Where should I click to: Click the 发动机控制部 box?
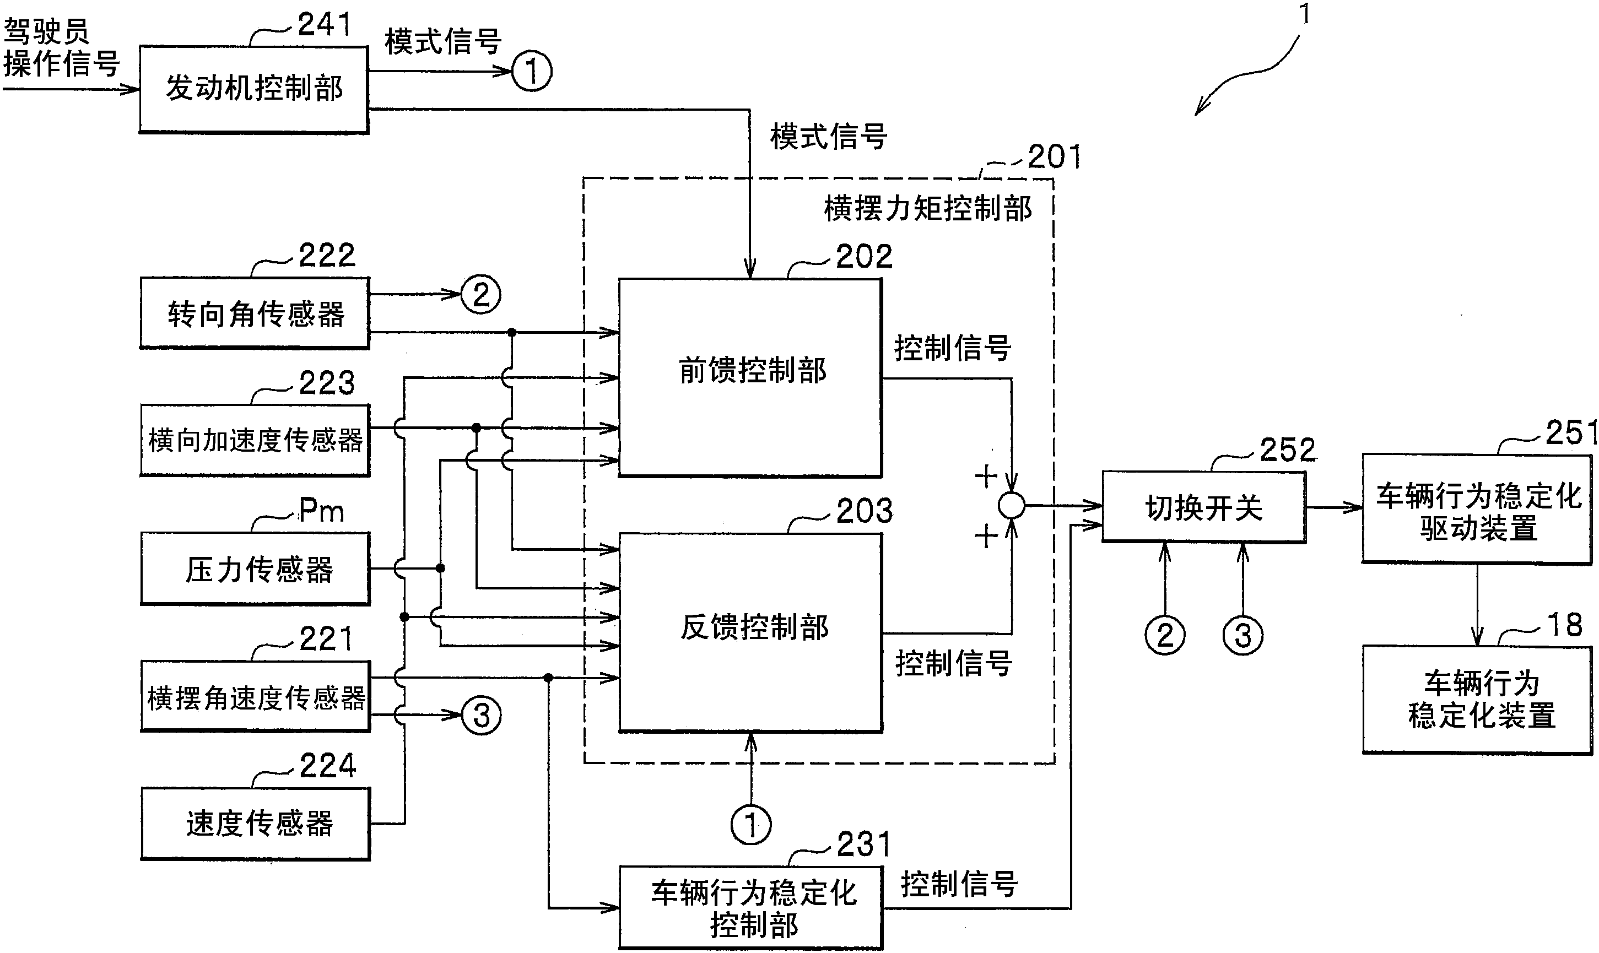(x=253, y=89)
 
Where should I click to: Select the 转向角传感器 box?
(x=255, y=313)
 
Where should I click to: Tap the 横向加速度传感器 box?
(x=255, y=440)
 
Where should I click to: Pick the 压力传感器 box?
(x=255, y=568)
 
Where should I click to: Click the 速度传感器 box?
(x=255, y=824)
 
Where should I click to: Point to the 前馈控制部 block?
(x=750, y=377)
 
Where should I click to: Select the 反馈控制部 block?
(x=750, y=632)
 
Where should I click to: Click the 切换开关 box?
(x=1203, y=507)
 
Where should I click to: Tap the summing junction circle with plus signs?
(x=1012, y=505)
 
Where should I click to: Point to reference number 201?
(x=1053, y=156)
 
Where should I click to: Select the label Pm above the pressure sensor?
(x=322, y=511)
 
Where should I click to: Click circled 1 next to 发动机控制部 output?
(x=532, y=71)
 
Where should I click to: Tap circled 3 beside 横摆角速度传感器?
(x=482, y=715)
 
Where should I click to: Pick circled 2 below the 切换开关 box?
(x=1165, y=635)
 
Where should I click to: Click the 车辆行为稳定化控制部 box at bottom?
(x=750, y=908)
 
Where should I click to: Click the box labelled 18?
(x=1477, y=700)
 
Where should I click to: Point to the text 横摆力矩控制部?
(x=927, y=209)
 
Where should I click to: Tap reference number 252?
(x=1287, y=450)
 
